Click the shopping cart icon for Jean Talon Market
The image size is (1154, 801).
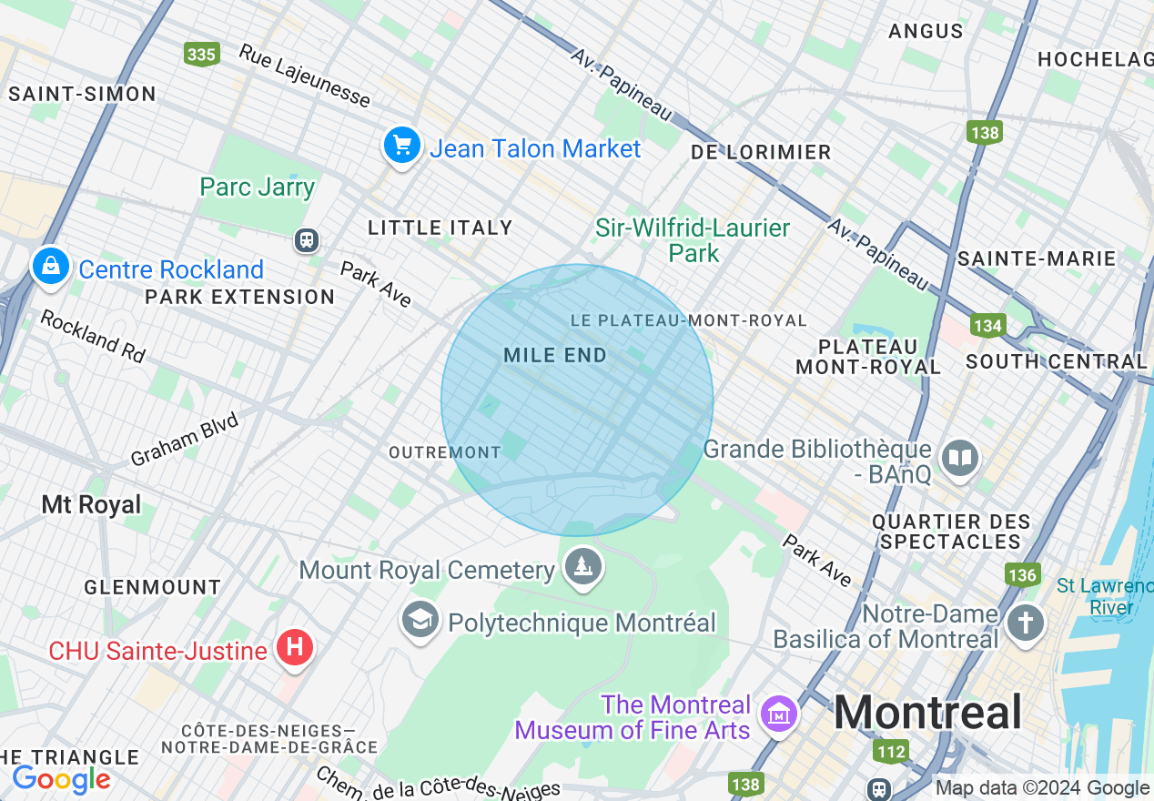[401, 146]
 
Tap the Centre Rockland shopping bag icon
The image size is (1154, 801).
[51, 267]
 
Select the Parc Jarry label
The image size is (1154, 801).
[258, 188]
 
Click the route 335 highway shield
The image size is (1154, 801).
[201, 54]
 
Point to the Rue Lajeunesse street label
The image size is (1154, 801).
[305, 76]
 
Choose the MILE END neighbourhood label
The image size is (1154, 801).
[555, 356]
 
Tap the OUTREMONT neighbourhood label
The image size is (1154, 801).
[444, 452]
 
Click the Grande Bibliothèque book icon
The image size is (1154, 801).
[959, 458]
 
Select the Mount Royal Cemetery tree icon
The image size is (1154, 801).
[583, 568]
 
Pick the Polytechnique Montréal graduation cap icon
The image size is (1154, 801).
[420, 622]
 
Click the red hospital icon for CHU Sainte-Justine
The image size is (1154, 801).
[294, 649]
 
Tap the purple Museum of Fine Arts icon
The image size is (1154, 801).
[779, 715]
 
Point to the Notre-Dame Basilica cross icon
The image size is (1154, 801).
[1027, 624]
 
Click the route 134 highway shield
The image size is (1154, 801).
[987, 325]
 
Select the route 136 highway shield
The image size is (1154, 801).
[1022, 574]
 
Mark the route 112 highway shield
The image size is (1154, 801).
[890, 751]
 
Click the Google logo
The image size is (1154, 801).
[61, 780]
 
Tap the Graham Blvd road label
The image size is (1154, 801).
[185, 440]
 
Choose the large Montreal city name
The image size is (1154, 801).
[927, 713]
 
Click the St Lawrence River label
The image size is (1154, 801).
[1104, 596]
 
